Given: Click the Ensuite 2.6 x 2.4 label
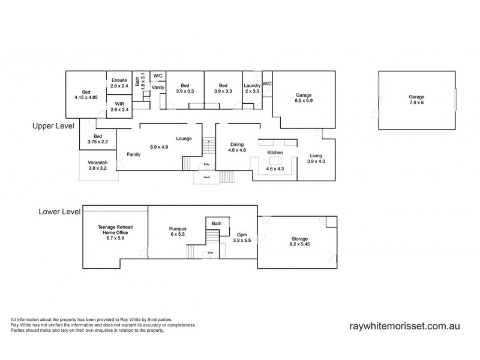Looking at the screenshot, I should point(119,83).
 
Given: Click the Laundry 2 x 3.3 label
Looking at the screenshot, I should point(252,88).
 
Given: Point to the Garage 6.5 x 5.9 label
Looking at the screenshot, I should point(304,98).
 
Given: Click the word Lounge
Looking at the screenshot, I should point(184,139).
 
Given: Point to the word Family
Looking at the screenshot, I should point(134,154).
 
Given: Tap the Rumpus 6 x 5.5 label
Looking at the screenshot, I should point(179,232).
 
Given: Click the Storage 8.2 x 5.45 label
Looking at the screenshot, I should point(298,242).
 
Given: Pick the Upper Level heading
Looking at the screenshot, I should point(53,127).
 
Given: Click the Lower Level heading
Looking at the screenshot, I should point(58,211).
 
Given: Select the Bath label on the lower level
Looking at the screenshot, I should point(216,224).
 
